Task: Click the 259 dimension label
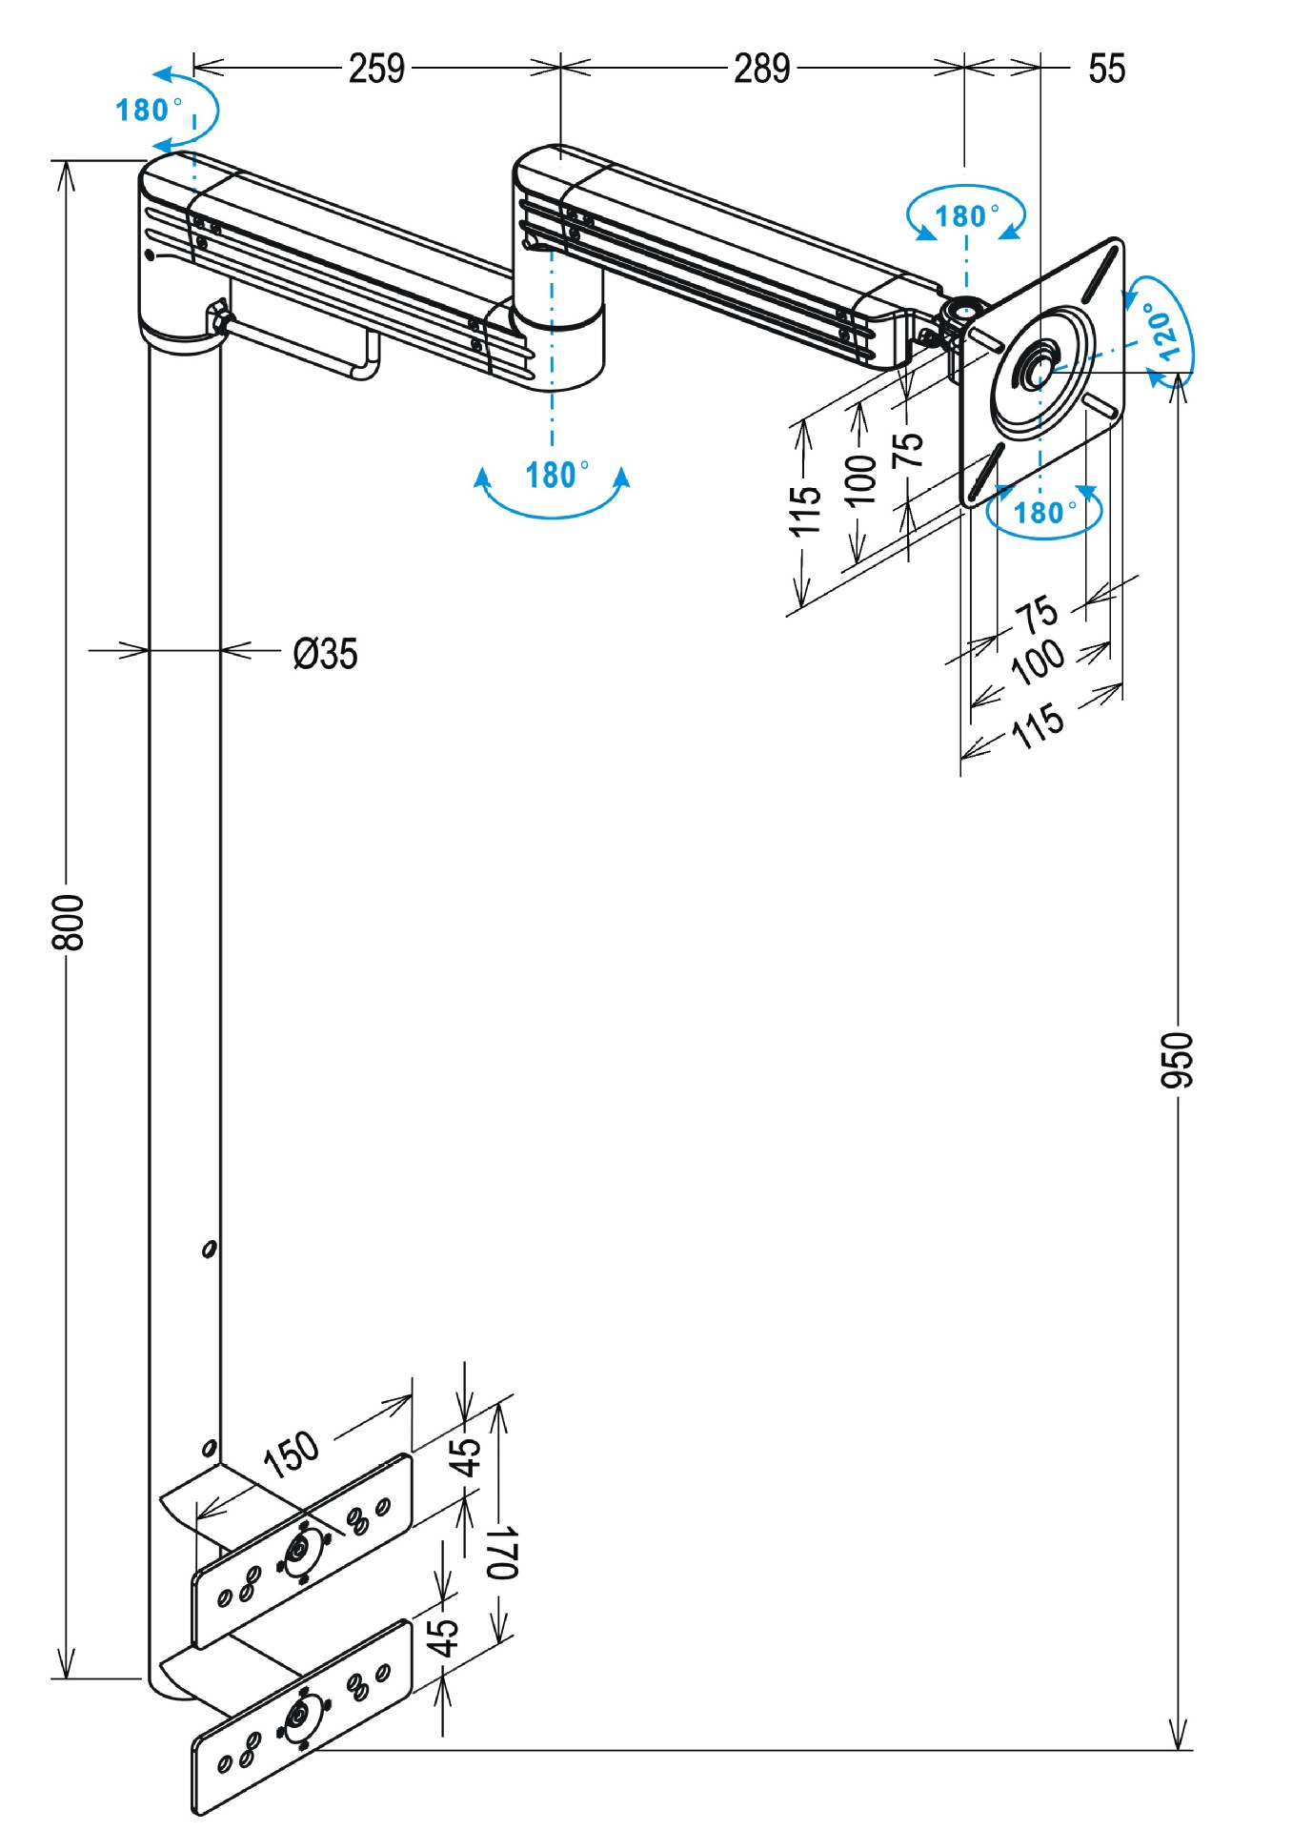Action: [x=376, y=69]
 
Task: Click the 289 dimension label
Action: [x=761, y=69]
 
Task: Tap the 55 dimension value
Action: [x=1106, y=69]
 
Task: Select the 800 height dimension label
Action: [x=69, y=922]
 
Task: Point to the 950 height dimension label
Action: [x=1178, y=1059]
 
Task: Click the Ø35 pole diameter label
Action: [x=325, y=654]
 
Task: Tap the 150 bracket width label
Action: [x=292, y=1454]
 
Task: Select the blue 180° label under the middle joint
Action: [x=555, y=474]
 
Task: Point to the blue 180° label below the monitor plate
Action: [x=1043, y=513]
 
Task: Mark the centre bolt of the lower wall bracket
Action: [x=300, y=1717]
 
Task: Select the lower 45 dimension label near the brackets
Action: [x=442, y=1636]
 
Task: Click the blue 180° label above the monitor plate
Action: [x=966, y=215]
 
